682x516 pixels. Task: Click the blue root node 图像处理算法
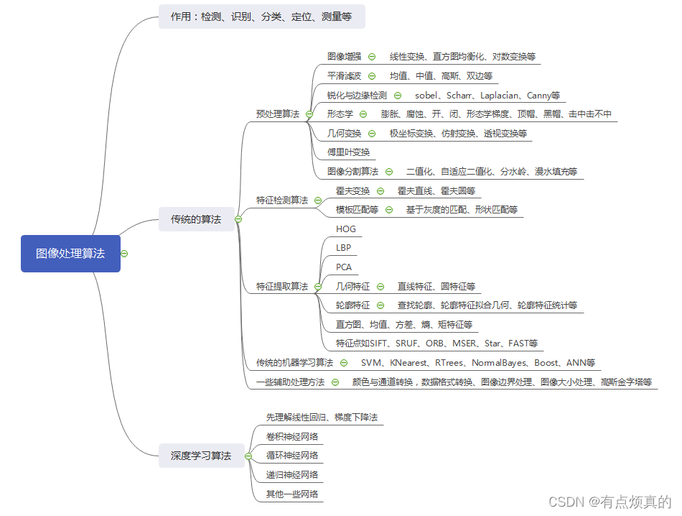[x=70, y=253]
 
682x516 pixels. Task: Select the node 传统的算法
[x=196, y=219]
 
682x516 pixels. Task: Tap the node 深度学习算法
[x=201, y=456]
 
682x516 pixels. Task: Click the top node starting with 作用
[x=261, y=16]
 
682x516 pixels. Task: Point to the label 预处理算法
[x=278, y=114]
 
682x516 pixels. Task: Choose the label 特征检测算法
[x=282, y=200]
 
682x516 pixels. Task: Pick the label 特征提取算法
[x=282, y=286]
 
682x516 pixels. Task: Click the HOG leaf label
[x=346, y=229]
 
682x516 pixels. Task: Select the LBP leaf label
[x=344, y=248]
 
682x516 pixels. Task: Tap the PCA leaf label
[x=344, y=267]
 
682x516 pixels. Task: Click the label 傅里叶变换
[x=348, y=152]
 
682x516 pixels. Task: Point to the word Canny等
[x=543, y=95]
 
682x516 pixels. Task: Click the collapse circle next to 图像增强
[x=372, y=56]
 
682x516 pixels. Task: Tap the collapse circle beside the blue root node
[x=124, y=253]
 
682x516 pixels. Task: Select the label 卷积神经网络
[x=291, y=436]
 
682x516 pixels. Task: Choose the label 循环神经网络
[x=291, y=456]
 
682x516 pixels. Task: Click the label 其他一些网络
[x=291, y=494]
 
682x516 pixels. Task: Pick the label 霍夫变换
[x=352, y=190]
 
